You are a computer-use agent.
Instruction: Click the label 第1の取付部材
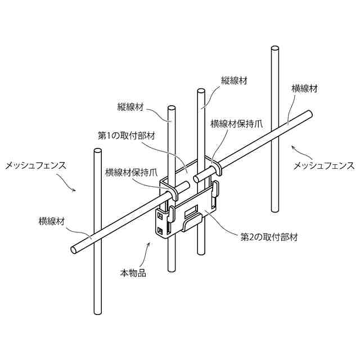click(127, 136)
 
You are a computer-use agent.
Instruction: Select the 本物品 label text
click(133, 273)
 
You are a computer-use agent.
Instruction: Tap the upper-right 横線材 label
click(304, 88)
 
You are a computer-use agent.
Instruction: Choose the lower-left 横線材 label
click(52, 221)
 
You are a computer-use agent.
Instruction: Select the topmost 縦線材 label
click(235, 81)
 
